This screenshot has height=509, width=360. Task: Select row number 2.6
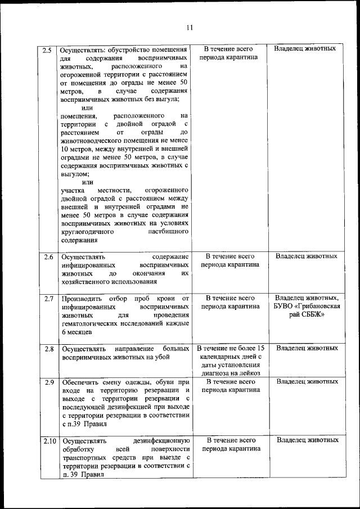tap(48, 256)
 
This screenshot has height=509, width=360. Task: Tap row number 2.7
tap(48, 298)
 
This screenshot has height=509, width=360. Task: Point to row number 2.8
tap(48, 348)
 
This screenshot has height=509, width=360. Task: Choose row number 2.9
tap(48, 382)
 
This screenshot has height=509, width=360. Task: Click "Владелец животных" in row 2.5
tap(305, 49)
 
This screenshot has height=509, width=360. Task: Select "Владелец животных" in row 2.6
tap(307, 256)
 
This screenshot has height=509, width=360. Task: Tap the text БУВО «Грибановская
tap(307, 307)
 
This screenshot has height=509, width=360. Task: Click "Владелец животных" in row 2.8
tap(307, 348)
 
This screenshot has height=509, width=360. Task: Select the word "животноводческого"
tap(96, 141)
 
